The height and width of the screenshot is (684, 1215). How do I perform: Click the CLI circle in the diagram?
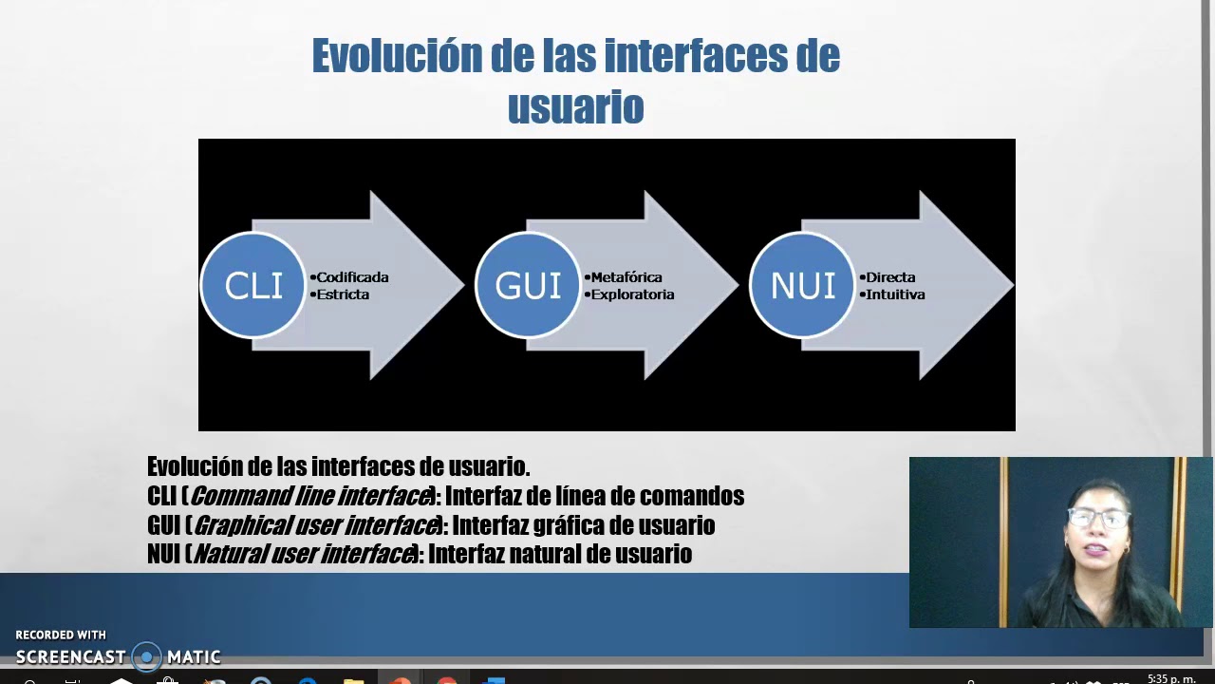[252, 285]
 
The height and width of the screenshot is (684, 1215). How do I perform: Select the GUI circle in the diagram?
[528, 285]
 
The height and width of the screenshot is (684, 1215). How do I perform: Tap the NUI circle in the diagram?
[802, 285]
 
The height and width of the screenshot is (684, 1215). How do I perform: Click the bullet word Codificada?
[352, 277]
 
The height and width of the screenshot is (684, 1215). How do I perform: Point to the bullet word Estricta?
[343, 294]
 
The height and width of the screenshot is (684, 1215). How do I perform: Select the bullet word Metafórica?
[626, 277]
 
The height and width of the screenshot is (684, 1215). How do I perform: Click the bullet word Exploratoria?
[632, 294]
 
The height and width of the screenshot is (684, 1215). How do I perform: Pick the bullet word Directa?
[890, 277]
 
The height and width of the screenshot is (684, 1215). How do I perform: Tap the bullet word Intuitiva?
[895, 294]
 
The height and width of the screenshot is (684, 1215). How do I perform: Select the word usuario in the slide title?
[575, 107]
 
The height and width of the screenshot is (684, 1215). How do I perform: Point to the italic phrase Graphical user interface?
[316, 525]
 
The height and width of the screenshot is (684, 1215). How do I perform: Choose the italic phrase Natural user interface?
[304, 554]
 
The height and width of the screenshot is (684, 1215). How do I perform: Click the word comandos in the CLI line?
[691, 496]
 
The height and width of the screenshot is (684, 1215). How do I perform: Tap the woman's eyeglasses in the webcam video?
[1098, 519]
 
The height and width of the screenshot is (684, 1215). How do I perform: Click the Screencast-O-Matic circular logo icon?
[146, 656]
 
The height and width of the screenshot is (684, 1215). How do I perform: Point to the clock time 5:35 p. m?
[1171, 678]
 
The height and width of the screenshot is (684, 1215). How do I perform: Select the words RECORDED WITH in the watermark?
[61, 635]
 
